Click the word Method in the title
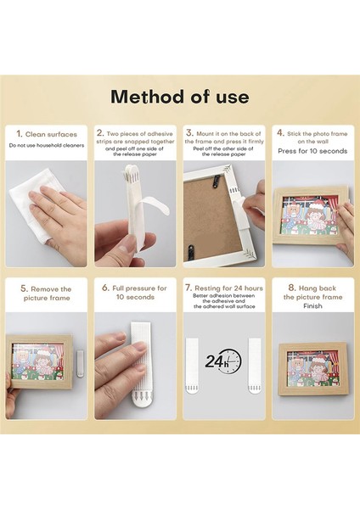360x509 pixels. tap(148, 97)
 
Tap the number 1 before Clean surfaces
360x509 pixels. tap(20, 134)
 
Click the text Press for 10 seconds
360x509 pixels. tap(312, 151)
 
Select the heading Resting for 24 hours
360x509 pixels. tap(229, 288)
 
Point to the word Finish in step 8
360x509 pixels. tap(312, 305)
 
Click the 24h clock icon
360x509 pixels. tap(223, 361)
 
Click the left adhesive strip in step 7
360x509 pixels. tap(192, 366)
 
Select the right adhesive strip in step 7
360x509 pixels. tap(255, 366)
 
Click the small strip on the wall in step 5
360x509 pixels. tap(80, 364)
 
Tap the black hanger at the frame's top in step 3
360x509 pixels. tap(215, 181)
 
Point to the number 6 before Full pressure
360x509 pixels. tap(105, 288)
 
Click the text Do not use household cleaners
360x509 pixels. tap(47, 145)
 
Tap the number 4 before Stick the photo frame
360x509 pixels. tap(280, 133)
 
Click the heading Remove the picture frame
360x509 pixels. tap(46, 294)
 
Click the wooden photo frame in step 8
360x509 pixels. tap(313, 369)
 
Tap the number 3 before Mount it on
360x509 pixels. tap(189, 133)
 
